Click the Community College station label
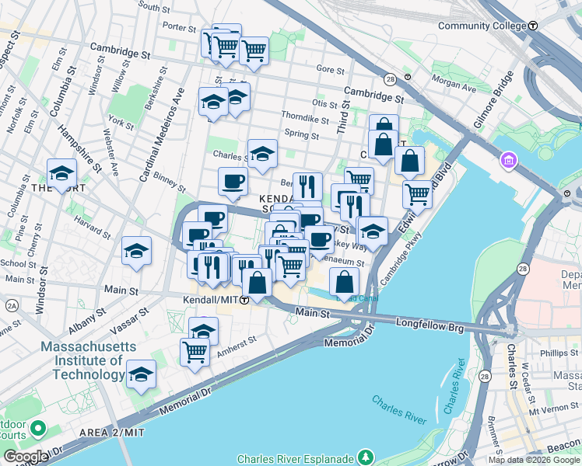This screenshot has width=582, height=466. (482, 26)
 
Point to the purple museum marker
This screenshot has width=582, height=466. (510, 160)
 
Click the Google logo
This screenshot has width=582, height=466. (26, 456)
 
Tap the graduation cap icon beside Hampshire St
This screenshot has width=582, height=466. (61, 173)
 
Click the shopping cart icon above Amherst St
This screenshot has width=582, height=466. (195, 351)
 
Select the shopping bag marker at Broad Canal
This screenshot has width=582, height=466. (343, 281)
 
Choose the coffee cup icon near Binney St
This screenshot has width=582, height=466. (232, 182)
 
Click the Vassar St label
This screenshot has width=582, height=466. (133, 318)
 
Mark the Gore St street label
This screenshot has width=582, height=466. (331, 70)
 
